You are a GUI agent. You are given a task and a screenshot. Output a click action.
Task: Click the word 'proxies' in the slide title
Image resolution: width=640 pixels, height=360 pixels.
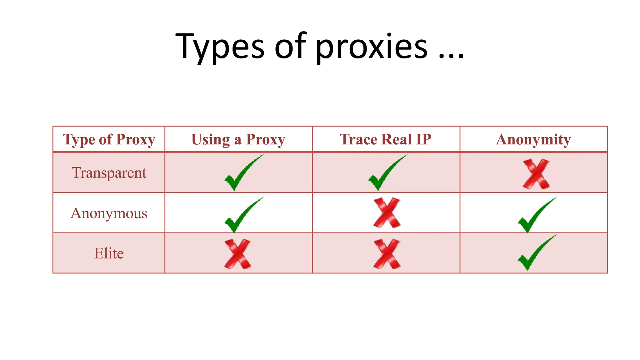(371, 47)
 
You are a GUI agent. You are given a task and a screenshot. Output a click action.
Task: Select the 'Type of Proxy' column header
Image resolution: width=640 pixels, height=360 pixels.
(109, 139)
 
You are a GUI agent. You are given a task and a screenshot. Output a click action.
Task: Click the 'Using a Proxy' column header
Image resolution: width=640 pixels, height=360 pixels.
(238, 139)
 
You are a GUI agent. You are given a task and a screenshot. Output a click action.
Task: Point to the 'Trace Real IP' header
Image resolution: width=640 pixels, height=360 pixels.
(386, 139)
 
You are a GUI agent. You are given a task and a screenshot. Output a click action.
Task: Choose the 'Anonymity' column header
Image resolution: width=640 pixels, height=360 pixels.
(533, 139)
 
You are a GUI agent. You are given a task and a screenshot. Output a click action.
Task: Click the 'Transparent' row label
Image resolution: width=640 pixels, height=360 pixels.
(109, 173)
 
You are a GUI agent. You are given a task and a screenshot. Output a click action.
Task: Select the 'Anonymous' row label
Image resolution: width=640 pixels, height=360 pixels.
(109, 213)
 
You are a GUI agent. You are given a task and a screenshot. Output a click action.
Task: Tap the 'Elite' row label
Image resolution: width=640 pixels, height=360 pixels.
(109, 253)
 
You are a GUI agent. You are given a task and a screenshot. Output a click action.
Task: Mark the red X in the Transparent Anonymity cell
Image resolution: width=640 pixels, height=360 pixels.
(536, 174)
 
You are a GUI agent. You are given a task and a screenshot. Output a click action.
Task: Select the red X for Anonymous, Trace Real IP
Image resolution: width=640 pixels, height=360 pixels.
(387, 213)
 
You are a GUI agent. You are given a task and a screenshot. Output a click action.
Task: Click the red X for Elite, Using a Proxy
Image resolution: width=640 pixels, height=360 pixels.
(237, 254)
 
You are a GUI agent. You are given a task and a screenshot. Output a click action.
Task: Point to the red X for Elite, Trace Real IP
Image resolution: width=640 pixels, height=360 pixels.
(387, 254)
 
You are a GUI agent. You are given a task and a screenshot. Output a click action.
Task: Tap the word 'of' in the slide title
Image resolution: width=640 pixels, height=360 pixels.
(290, 47)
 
